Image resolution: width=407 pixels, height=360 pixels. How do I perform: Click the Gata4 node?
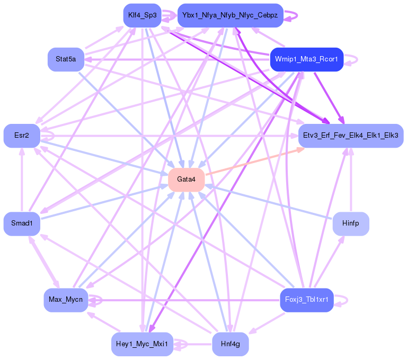187,179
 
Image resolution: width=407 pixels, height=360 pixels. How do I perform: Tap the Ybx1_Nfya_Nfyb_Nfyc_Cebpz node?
230,15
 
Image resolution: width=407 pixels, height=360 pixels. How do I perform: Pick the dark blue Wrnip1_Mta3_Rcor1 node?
306,59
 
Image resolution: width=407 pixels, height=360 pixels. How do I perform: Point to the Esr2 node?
22,136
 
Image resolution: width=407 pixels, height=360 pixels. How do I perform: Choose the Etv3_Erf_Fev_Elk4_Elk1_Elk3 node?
350,136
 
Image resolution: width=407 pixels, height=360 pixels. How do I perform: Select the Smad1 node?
22,224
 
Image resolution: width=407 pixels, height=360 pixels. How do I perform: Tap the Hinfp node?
350,224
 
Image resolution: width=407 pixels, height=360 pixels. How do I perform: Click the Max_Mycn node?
66,300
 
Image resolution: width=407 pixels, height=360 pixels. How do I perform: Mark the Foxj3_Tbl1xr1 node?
306,300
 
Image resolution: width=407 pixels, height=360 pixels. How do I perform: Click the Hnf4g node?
230,344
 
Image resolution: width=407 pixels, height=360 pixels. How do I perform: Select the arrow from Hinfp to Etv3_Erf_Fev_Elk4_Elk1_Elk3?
350,180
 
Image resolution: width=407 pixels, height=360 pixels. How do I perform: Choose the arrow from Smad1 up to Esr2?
22,180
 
